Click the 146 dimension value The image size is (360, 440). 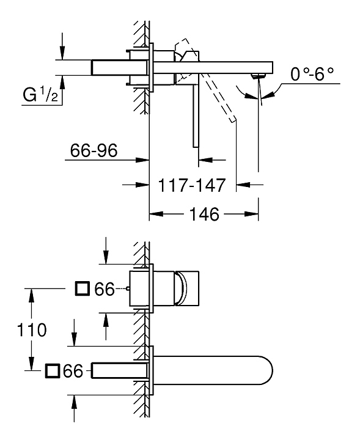pyautogui.click(x=204, y=214)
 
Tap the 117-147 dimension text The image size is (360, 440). pyautogui.click(x=192, y=185)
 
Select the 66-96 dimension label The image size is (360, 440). pyautogui.click(x=94, y=150)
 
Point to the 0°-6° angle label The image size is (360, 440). pyautogui.click(x=312, y=74)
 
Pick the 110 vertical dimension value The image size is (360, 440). pyautogui.click(x=31, y=330)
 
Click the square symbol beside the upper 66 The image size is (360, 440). pyautogui.click(x=83, y=288)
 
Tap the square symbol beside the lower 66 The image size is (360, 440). pyautogui.click(x=53, y=371)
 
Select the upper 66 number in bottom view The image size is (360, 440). pyautogui.click(x=105, y=289)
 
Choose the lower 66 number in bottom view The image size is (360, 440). pyautogui.click(x=73, y=371)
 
